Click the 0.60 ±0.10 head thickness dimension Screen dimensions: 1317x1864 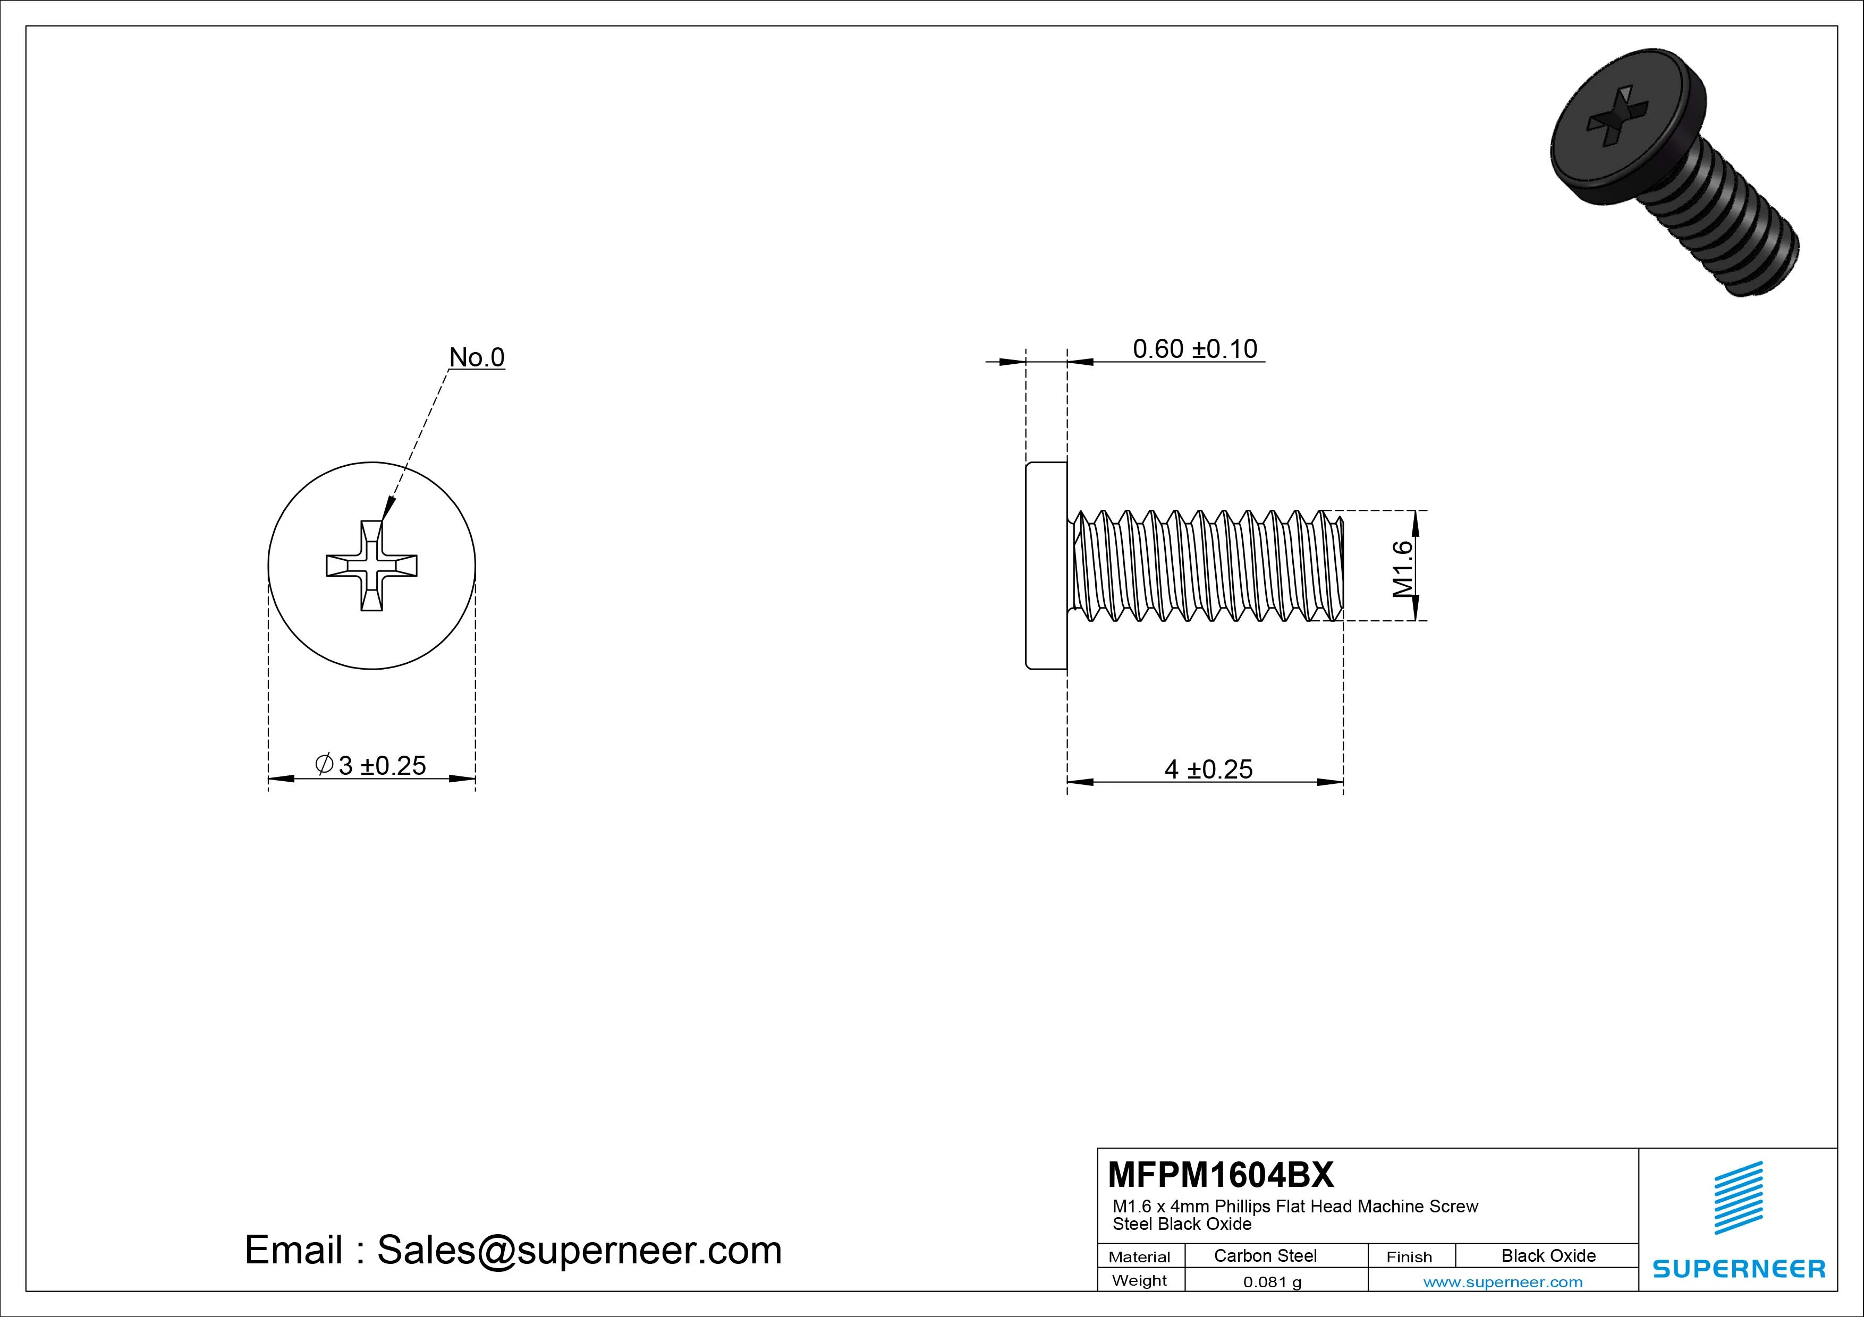pos(1194,349)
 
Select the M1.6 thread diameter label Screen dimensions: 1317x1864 pos(1403,568)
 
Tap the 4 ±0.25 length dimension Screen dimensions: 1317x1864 pos(1208,768)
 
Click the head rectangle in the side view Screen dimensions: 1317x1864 pos(1046,566)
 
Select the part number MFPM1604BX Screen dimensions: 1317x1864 pos(1220,1174)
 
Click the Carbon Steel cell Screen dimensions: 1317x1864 pos(1265,1255)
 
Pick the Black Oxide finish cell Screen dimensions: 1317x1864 pos(1548,1255)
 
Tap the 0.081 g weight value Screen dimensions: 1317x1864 pos(1272,1282)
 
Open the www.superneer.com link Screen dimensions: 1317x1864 pos(1503,1282)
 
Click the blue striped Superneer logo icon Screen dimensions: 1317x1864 pos(1738,1197)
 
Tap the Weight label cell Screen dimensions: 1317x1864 pos(1139,1280)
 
